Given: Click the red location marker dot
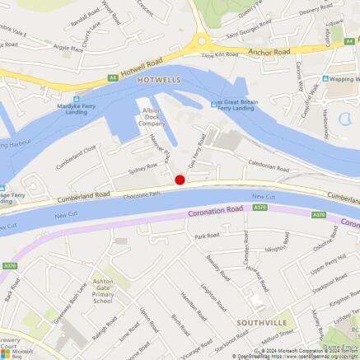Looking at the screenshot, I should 180,180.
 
